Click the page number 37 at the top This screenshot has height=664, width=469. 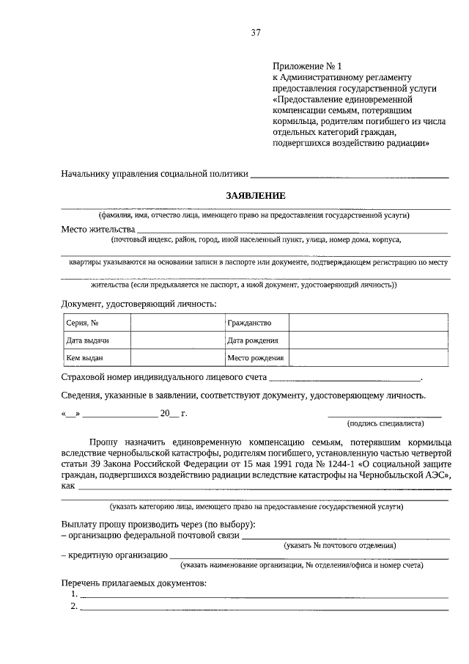(256, 33)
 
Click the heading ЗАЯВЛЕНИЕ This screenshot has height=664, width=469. (255, 196)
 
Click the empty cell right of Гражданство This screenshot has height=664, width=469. (369, 323)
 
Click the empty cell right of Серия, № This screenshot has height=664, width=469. (177, 323)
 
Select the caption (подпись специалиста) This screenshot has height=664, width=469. (385, 424)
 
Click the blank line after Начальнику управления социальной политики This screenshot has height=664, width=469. (350, 175)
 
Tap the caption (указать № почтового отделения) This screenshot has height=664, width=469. (340, 546)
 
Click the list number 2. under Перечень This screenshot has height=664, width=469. (73, 606)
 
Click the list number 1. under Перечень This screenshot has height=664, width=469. (73, 594)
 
